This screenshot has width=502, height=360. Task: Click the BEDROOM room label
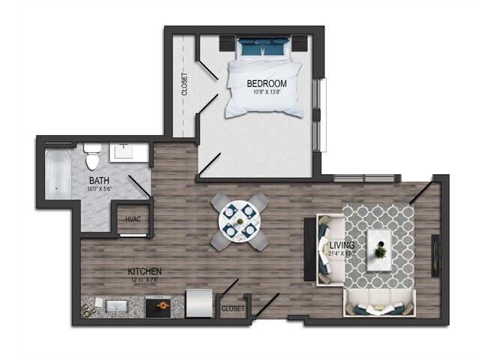pos(267,83)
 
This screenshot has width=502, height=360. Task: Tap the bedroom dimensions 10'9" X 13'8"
pos(267,93)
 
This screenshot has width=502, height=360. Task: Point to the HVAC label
pos(133,219)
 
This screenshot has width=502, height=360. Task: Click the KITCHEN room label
pos(145,271)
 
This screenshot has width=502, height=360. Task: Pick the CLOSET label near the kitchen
pos(232,308)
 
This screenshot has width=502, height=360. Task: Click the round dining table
pos(239,221)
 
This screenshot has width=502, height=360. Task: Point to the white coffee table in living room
pos(381,244)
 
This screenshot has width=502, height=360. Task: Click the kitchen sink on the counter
pos(117,306)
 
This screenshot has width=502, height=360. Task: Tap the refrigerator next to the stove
pos(199,304)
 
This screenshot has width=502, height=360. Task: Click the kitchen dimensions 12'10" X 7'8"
pos(145,280)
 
